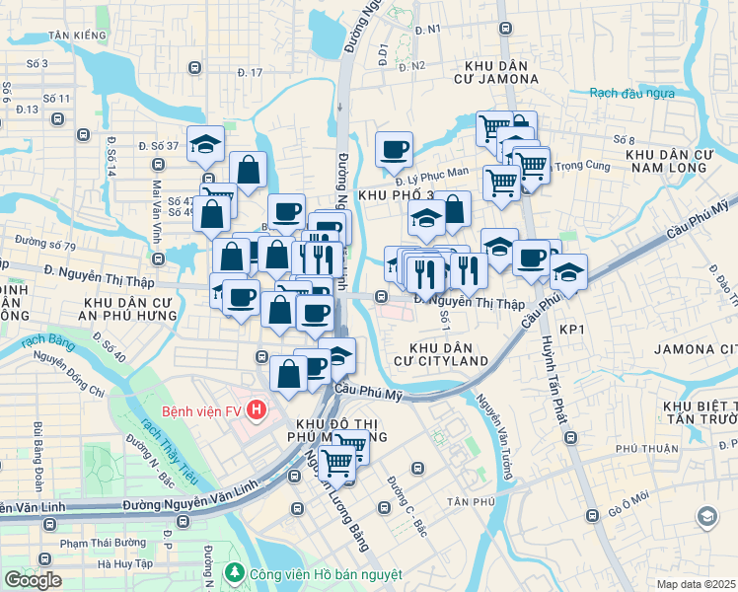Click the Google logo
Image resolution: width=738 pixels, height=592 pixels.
click(33, 580)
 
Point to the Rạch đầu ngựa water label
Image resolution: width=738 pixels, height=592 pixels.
click(631, 93)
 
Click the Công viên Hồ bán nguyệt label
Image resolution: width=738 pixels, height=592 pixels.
click(312, 574)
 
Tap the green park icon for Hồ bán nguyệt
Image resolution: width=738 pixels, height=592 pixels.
click(235, 573)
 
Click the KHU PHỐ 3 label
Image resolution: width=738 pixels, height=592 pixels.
click(397, 194)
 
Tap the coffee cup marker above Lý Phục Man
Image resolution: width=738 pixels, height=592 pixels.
click(394, 150)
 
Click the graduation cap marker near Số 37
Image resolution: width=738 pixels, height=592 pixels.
click(205, 145)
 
